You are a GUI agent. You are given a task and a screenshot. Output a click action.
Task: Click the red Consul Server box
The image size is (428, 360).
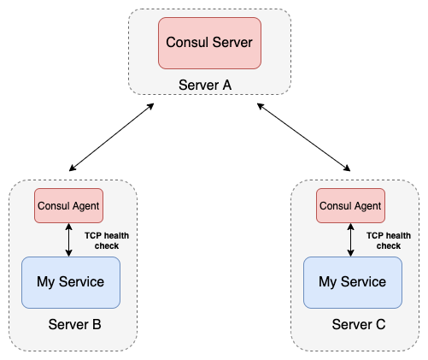click(x=209, y=41)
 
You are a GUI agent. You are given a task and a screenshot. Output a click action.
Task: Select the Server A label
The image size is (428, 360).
click(x=205, y=86)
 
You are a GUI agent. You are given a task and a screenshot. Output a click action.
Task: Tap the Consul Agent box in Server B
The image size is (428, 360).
click(x=68, y=206)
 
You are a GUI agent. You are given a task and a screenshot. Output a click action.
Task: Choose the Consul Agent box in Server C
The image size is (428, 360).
click(x=350, y=206)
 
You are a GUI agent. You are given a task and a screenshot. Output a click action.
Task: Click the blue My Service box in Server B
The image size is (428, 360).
click(x=70, y=281)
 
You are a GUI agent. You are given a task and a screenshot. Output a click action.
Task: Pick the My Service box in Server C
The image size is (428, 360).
click(x=352, y=281)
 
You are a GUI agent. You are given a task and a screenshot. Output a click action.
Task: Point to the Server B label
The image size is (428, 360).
click(x=75, y=325)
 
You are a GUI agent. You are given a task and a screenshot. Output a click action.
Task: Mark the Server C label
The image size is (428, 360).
click(x=359, y=325)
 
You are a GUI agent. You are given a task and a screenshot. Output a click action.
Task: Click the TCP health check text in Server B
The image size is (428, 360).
click(x=102, y=239)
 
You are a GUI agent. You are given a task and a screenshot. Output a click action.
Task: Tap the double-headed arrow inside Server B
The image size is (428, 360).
click(x=69, y=239)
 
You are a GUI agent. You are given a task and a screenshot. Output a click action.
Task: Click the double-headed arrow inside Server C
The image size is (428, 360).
click(x=351, y=239)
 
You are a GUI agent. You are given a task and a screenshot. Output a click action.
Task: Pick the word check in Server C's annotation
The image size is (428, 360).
click(x=388, y=245)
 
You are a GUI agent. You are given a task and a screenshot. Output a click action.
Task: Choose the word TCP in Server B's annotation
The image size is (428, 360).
click(x=93, y=234)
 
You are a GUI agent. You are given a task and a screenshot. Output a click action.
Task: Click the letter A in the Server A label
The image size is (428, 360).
click(x=226, y=86)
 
